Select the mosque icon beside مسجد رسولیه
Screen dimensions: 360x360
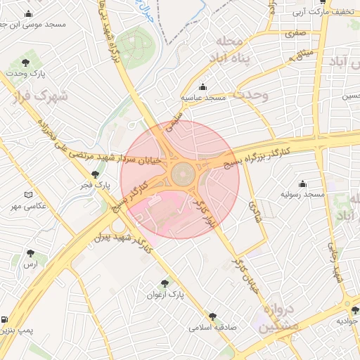pos(303,183)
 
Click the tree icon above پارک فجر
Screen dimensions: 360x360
pos(95,174)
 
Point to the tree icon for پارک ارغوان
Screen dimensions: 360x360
pos(165,283)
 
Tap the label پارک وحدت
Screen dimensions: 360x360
pos(27,73)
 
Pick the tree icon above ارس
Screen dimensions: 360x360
pos(30,253)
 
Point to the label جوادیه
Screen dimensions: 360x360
pos(347,321)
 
